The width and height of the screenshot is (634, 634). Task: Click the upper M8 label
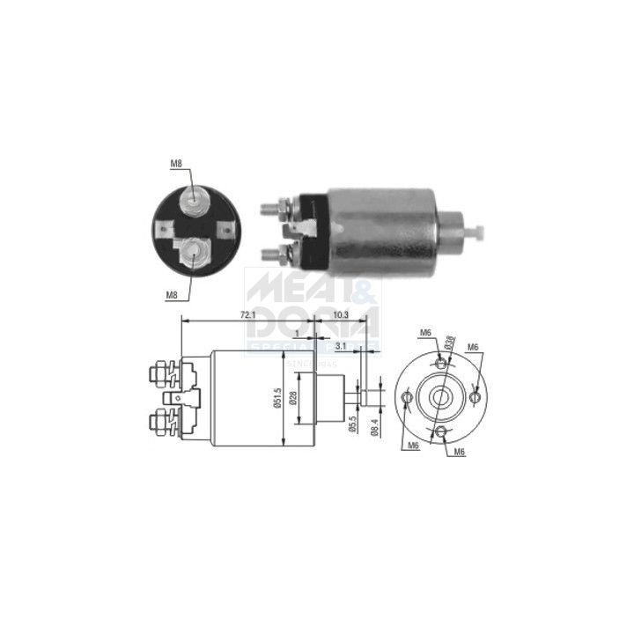tap(176, 164)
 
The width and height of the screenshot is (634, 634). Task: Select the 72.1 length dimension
tap(248, 314)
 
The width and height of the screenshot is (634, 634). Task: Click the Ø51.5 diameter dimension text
tap(276, 399)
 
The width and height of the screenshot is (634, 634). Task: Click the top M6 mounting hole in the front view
tap(440, 361)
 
